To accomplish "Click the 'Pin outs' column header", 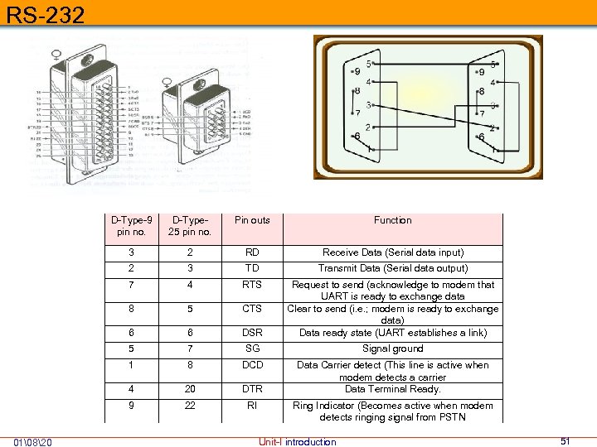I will tap(252, 220).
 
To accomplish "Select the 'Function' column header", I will tap(392, 220).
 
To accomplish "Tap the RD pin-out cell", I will tap(252, 252).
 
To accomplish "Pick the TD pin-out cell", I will tap(252, 268).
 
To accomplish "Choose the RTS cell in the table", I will tap(252, 285).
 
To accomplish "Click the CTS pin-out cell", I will tap(252, 309).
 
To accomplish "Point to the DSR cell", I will tap(252, 333).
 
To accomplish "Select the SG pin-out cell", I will tap(252, 348).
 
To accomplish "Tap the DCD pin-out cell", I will tap(252, 365).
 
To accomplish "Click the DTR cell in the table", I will tap(252, 389).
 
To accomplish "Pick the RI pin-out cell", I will tap(252, 406).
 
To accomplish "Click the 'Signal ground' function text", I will tap(392, 348).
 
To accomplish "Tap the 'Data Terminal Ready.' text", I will tap(392, 389).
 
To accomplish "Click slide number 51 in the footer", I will tap(565, 441).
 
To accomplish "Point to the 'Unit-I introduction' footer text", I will tap(298, 442).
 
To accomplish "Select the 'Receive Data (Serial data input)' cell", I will tap(392, 252).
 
